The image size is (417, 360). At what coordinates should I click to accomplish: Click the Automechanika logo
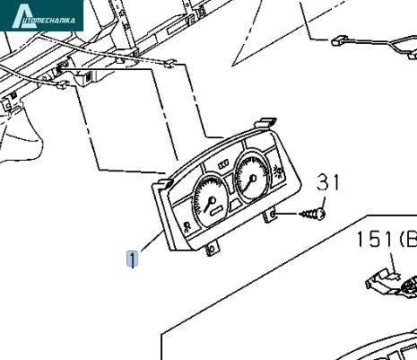click(41, 15)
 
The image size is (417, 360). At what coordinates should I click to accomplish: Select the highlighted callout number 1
click(133, 259)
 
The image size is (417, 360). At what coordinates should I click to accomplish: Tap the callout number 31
click(328, 182)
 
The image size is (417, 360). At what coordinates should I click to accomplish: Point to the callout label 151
click(374, 239)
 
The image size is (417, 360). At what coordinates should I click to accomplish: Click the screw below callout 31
click(313, 214)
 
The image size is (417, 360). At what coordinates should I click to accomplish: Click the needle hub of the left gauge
click(213, 200)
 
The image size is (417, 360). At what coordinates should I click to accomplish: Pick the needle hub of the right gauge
click(254, 179)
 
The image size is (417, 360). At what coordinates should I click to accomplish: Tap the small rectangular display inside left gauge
click(217, 211)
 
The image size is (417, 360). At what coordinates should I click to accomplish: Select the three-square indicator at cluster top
click(223, 164)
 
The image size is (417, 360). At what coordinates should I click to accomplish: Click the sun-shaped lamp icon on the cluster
click(278, 171)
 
